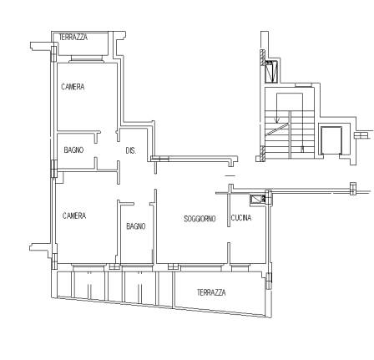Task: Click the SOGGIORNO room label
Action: [200, 219]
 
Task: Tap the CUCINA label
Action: [241, 217]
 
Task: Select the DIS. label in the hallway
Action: [131, 150]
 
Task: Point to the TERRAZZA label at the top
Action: [73, 37]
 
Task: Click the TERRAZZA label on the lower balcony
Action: [211, 292]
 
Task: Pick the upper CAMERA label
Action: [73, 87]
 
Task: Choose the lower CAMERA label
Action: [74, 215]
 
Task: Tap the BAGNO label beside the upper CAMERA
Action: [73, 150]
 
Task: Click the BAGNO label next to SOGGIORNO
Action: [136, 226]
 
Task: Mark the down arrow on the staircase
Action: [276, 109]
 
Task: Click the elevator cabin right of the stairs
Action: [331, 140]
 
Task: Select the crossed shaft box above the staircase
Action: [271, 72]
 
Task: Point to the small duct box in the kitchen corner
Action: [257, 200]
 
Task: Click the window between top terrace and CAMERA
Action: [87, 58]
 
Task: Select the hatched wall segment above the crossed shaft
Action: [262, 58]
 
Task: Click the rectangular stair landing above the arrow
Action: [290, 102]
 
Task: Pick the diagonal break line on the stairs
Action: [276, 129]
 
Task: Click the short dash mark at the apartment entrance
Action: [230, 175]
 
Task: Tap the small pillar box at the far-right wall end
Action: [353, 188]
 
